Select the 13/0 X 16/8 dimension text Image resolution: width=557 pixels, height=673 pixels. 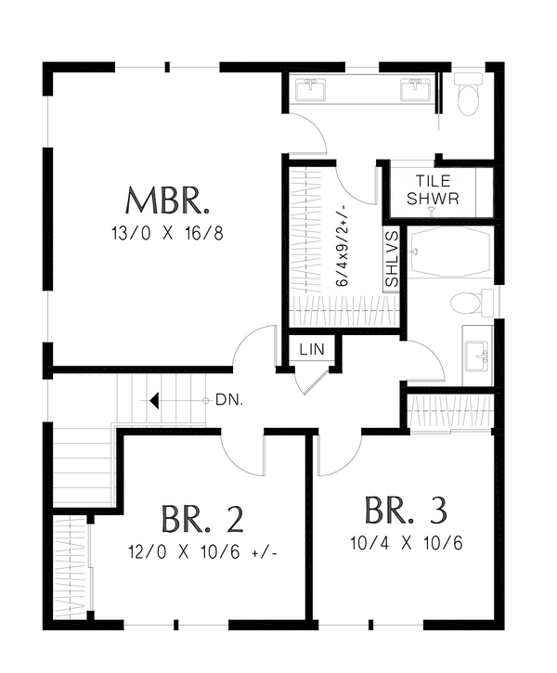click(168, 233)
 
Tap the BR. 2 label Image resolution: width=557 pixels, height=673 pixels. click(203, 518)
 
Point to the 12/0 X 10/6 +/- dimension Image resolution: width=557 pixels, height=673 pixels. click(203, 550)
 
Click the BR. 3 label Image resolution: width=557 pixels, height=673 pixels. click(406, 511)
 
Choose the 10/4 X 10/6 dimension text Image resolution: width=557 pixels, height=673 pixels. click(406, 543)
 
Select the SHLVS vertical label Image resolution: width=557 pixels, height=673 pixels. click(391, 259)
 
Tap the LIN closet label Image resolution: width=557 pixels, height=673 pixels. click(309, 349)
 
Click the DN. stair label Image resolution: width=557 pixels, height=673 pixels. click(227, 400)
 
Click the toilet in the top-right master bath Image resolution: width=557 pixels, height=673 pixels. click(469, 97)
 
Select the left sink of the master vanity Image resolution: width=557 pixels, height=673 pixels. click(310, 90)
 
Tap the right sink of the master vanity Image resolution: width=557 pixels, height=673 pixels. click(414, 90)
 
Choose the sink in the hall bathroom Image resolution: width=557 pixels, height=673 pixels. click(478, 354)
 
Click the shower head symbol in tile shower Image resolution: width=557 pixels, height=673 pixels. click(432, 212)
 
